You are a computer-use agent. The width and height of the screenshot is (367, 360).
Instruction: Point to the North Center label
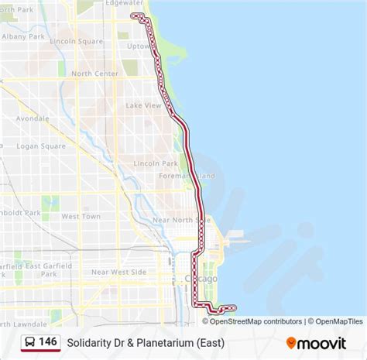click(x=94, y=74)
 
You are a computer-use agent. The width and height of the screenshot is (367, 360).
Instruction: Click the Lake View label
click(x=143, y=105)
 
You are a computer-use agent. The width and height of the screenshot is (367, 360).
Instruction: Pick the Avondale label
click(x=32, y=119)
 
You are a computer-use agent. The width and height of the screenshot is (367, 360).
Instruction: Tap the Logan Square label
click(x=41, y=146)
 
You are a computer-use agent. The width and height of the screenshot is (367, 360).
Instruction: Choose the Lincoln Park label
click(x=156, y=163)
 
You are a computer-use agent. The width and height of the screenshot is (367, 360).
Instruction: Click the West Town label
click(x=81, y=217)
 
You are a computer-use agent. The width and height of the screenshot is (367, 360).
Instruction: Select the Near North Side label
click(x=181, y=220)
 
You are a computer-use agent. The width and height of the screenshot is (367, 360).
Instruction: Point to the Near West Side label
click(x=118, y=272)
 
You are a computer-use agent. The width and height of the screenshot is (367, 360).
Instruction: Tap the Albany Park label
click(x=24, y=36)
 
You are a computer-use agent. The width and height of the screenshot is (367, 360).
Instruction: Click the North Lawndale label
click(x=24, y=323)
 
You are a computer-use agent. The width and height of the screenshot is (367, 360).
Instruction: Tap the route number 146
click(x=48, y=341)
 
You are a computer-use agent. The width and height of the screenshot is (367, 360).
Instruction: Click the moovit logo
click(x=316, y=343)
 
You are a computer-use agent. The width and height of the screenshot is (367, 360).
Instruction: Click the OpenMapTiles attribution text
click(x=334, y=321)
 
